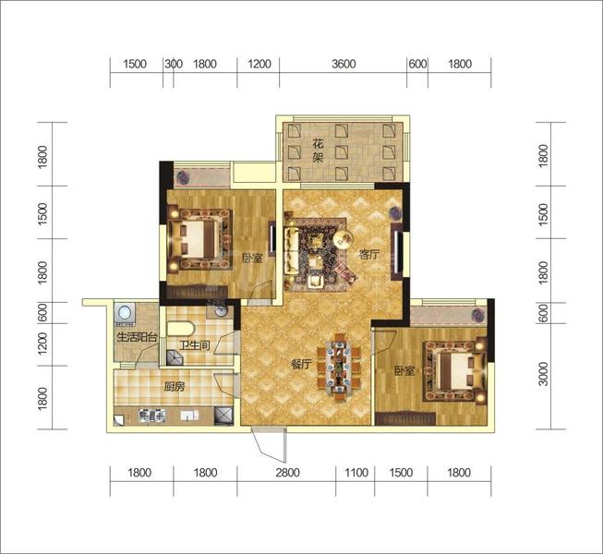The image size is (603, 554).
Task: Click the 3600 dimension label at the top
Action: (344, 64)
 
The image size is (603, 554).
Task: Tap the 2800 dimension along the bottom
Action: (287, 472)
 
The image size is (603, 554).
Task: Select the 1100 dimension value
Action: (356, 472)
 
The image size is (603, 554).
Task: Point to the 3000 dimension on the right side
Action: (543, 373)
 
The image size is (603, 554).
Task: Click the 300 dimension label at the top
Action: (174, 64)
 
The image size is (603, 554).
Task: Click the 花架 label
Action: (318, 151)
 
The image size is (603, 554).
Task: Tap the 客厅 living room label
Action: (369, 255)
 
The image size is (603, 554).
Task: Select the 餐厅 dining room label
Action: (300, 365)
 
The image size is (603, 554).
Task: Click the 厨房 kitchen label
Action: (175, 387)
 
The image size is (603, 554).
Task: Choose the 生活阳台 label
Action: (137, 338)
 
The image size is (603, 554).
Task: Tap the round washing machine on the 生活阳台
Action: (125, 312)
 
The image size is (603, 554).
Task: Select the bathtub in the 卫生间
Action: (181, 330)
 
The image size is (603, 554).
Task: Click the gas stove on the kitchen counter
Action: (152, 415)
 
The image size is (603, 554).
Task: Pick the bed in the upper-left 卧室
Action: (199, 239)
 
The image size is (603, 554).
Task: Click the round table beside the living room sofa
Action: (343, 239)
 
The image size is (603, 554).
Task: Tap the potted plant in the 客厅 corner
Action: (395, 212)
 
